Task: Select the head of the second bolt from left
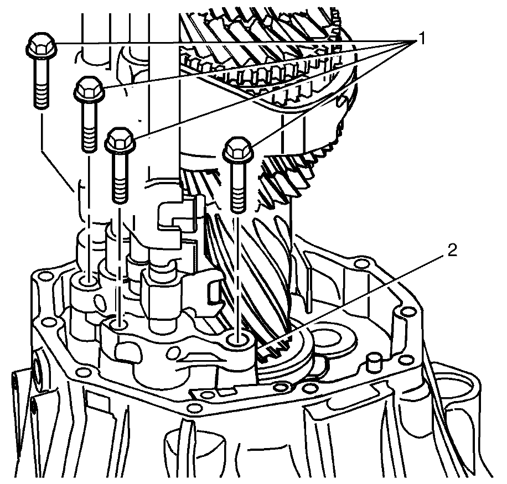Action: tap(88, 89)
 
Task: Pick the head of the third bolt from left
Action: tap(120, 139)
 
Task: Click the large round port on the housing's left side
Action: tap(37, 367)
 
